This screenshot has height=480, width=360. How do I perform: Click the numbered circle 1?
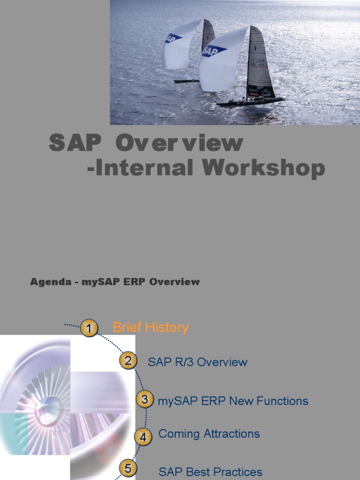point(89,328)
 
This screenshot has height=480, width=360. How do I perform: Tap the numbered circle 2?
point(128,361)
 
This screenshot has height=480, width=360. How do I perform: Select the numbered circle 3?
point(145,399)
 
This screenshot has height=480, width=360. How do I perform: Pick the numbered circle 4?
point(143,437)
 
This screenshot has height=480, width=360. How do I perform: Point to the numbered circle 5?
point(128,468)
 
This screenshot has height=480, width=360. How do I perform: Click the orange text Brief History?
point(150,327)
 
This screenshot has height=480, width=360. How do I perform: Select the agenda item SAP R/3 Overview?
point(197,362)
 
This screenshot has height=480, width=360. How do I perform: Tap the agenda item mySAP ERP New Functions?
point(233,401)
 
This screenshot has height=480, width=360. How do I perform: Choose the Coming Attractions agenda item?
point(209,434)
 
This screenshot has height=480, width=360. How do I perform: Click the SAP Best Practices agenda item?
point(210,472)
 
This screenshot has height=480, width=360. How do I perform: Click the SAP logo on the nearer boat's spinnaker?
point(214,51)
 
